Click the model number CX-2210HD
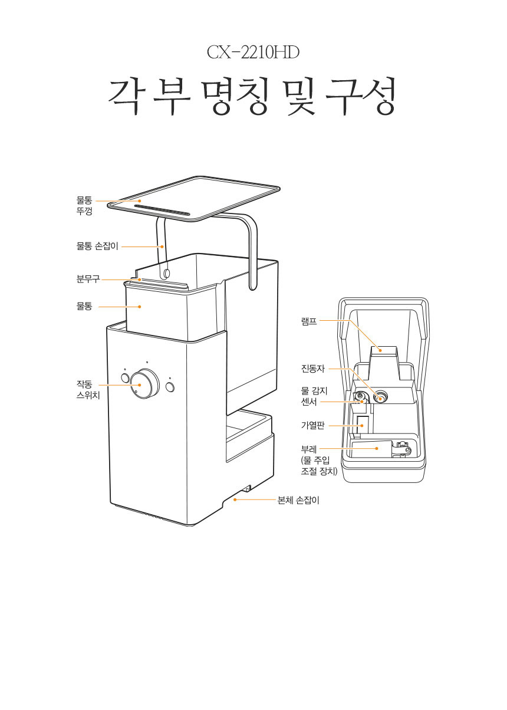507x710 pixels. pyautogui.click(x=253, y=52)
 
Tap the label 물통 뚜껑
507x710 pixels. pyautogui.click(x=84, y=205)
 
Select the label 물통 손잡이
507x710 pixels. pyautogui.click(x=97, y=246)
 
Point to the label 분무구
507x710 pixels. pyautogui.click(x=88, y=279)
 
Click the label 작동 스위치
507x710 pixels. pyautogui.click(x=88, y=390)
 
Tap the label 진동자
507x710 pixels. pyautogui.click(x=313, y=369)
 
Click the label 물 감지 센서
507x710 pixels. pyautogui.click(x=314, y=396)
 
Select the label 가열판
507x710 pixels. pyautogui.click(x=313, y=425)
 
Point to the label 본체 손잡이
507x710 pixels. pyautogui.click(x=298, y=500)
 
